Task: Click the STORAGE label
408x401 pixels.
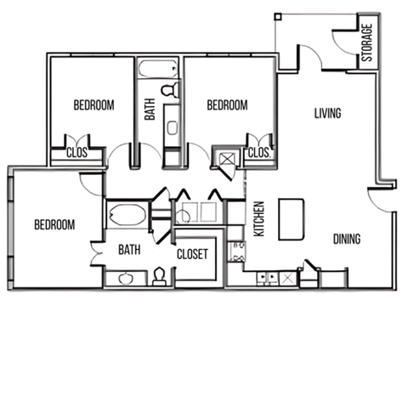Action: coord(367,43)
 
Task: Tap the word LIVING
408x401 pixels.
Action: coord(327,113)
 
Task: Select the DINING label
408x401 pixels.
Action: coord(346,240)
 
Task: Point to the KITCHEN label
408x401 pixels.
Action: coord(259,218)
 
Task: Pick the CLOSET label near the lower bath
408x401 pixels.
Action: coord(193,254)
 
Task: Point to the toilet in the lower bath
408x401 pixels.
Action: coord(159,276)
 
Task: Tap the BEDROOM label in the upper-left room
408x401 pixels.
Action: coord(93,105)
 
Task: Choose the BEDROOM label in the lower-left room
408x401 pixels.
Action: coord(54,225)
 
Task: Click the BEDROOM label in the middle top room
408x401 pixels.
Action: coord(228,105)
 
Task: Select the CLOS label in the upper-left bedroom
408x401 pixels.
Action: coord(76,154)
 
